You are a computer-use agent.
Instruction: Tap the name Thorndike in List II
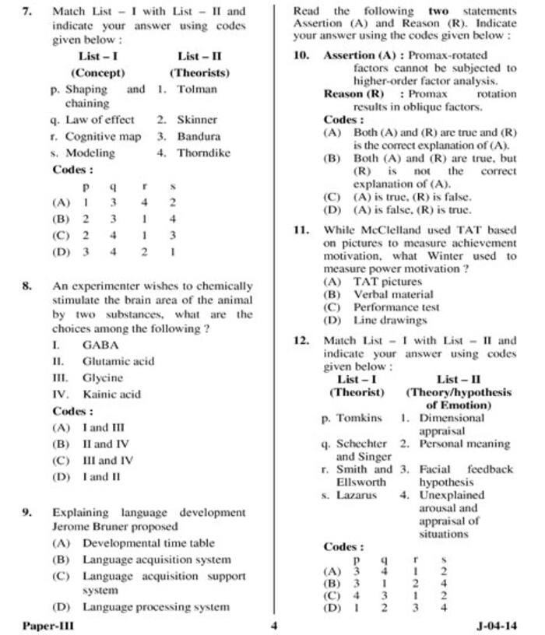pos(203,153)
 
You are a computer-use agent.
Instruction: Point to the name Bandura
pos(199,136)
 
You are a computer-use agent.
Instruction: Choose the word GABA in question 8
pos(100,345)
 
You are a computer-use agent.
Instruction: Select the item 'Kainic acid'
pos(111,394)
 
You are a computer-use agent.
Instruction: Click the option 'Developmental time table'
pos(148,543)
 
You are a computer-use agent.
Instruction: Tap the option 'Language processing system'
pos(156,607)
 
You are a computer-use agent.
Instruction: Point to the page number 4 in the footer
pos(274,624)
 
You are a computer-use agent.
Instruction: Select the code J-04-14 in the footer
pos(497,624)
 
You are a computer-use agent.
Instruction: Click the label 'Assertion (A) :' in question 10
pos(364,55)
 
